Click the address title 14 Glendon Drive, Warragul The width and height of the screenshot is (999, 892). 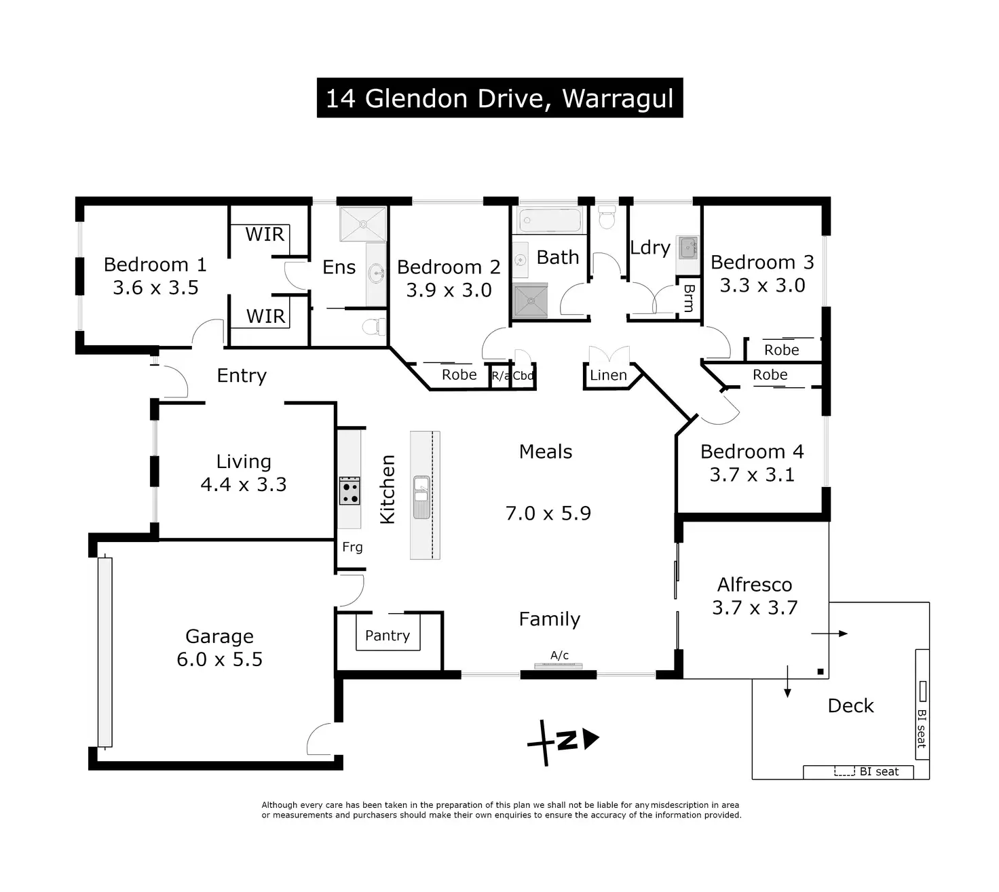pos(499,98)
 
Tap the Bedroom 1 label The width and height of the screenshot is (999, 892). pos(155,265)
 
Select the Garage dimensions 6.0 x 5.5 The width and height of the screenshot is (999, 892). pos(219,659)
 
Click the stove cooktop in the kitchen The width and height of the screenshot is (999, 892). pos(350,491)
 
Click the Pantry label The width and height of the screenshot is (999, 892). pos(388,636)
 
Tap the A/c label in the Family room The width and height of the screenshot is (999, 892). pos(559,655)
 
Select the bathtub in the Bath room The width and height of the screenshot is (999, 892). pos(550,220)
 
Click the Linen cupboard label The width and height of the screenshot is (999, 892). pos(608,375)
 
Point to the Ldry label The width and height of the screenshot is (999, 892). pos(649,248)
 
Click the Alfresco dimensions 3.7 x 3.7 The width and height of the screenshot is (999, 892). pos(755,608)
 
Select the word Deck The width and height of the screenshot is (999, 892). pos(850,706)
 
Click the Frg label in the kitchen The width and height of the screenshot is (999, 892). pos(352,547)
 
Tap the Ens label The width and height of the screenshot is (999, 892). pos(339,267)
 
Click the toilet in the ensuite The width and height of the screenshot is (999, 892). pos(373,327)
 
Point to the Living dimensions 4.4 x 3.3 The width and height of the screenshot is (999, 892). pos(243,484)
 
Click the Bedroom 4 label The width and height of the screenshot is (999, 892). pos(752,452)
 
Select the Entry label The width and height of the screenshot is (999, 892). pos(242,376)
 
